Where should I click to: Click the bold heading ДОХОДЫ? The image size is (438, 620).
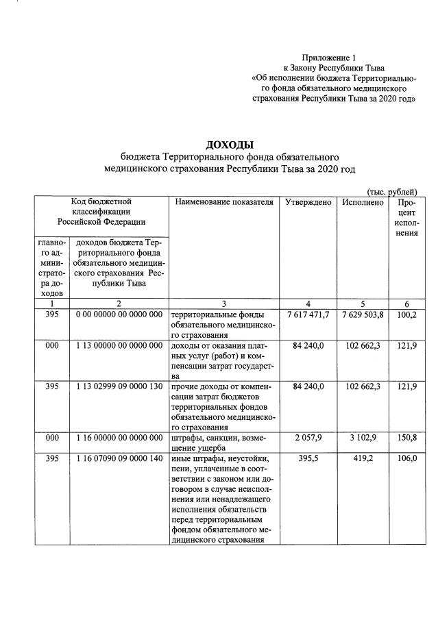click(230, 145)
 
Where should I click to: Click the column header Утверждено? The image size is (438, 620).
click(308, 202)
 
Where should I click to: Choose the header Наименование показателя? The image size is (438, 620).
click(224, 202)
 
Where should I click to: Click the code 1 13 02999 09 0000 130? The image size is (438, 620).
click(119, 387)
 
